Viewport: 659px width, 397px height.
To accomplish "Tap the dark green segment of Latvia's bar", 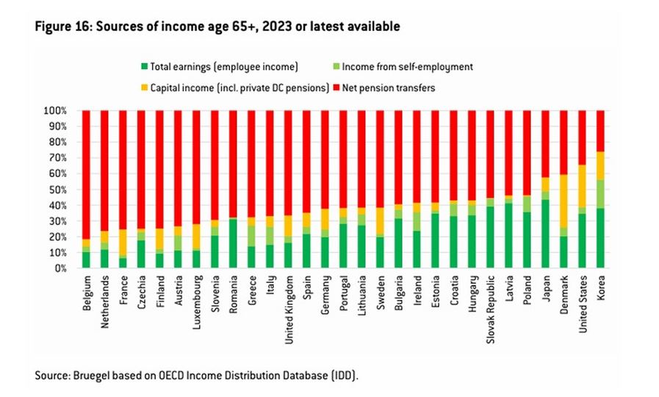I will [508, 235].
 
